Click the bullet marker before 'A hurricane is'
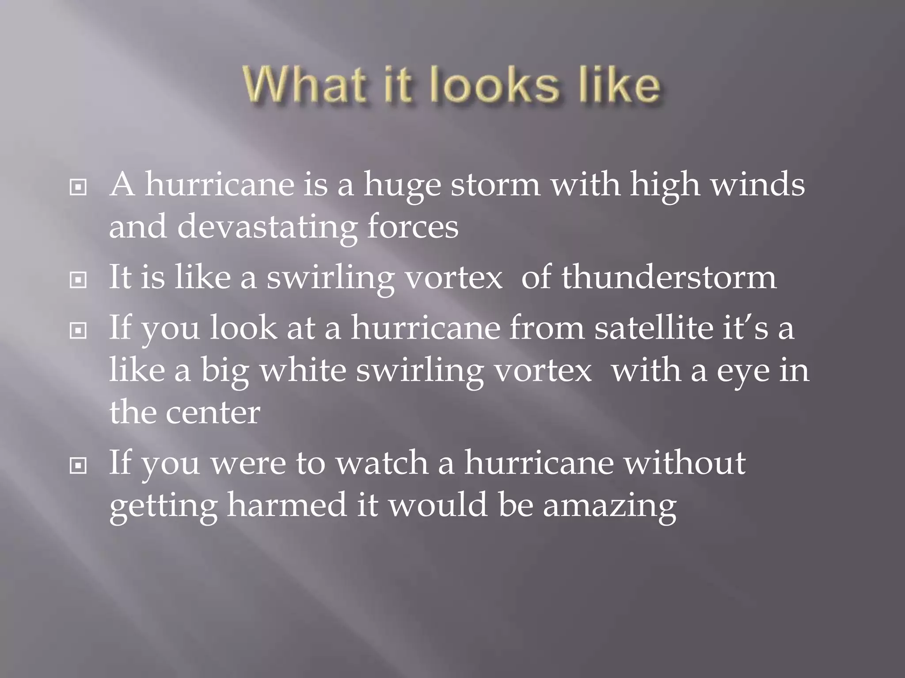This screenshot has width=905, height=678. tap(78, 188)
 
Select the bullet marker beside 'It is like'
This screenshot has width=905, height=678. tap(78, 279)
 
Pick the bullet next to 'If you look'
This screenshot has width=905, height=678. tap(78, 330)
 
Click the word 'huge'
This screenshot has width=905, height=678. tap(402, 185)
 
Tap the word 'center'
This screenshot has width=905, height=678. tap(213, 413)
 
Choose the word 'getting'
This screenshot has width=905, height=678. tap(163, 506)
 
